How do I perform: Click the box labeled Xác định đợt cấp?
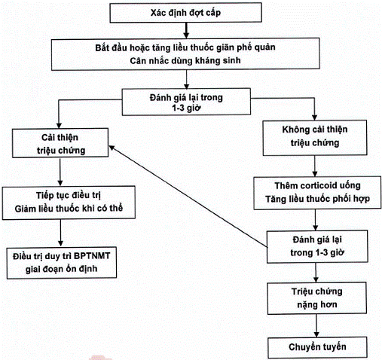click(x=186, y=13)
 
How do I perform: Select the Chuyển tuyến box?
click(x=317, y=347)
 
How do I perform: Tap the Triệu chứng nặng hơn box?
click(x=316, y=298)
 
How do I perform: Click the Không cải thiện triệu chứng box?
click(x=315, y=138)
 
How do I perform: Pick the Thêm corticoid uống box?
click(x=317, y=193)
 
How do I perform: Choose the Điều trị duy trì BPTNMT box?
click(x=62, y=263)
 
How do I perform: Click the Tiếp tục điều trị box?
click(x=69, y=203)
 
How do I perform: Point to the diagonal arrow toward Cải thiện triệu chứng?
click(x=188, y=197)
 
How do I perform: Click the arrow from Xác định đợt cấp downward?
click(x=186, y=30)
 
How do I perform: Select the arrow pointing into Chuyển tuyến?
click(x=316, y=326)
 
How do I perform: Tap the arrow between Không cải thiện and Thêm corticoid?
click(x=315, y=166)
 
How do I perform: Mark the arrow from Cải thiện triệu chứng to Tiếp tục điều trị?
click(x=60, y=172)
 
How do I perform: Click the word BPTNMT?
click(x=92, y=256)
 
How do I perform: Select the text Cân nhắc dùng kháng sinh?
click(x=185, y=60)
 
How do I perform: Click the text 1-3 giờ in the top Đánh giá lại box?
click(x=186, y=108)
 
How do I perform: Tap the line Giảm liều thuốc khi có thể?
click(x=69, y=209)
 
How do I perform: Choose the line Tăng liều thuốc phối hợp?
click(x=317, y=199)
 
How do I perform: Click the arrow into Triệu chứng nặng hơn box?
click(x=316, y=273)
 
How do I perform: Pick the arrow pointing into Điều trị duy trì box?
click(x=60, y=233)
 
